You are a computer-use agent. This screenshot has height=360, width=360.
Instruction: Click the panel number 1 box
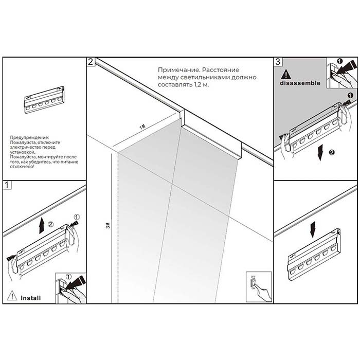pos(7,184)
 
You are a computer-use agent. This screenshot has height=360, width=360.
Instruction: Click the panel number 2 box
pos(91,62)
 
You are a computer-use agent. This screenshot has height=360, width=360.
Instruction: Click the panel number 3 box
pos(278,62)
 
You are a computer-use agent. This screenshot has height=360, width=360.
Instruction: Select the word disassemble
pos(300,82)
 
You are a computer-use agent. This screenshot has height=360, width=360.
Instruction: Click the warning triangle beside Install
pos(12,296)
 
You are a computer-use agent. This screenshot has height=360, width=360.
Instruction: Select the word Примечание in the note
pos(178,68)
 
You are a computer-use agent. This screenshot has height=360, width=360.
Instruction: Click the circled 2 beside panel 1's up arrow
pos(50,225)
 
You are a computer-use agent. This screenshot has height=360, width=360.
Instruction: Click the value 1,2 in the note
pos(198,84)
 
